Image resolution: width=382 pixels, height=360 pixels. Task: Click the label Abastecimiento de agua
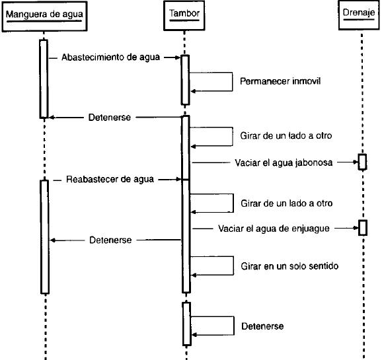(x=110, y=57)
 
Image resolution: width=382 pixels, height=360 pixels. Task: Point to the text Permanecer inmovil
(x=280, y=81)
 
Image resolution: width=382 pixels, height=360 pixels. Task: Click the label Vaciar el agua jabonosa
(x=284, y=162)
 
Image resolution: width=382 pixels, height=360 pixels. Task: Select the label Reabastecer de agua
(x=110, y=180)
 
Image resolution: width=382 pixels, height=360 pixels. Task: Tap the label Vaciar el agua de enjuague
(x=274, y=229)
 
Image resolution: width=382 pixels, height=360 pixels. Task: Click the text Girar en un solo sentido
(x=289, y=266)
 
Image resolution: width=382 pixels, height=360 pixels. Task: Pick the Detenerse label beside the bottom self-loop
(x=262, y=326)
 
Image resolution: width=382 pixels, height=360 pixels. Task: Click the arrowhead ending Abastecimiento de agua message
(x=178, y=57)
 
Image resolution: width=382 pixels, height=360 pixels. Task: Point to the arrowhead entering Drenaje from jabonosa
(x=356, y=162)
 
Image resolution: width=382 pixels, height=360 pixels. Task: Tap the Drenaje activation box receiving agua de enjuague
(x=363, y=228)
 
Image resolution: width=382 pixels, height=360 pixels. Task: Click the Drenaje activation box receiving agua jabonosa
(x=362, y=162)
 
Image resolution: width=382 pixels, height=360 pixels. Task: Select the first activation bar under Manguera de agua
(x=44, y=79)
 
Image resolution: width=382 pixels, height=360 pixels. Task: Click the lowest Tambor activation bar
(x=186, y=324)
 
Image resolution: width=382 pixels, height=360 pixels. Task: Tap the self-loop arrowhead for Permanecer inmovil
(x=193, y=91)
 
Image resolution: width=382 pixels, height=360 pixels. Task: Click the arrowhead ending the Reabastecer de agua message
(x=178, y=180)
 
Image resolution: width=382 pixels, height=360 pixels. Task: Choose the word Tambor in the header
(x=184, y=13)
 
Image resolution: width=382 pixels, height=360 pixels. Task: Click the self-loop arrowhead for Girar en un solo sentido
(x=194, y=275)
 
